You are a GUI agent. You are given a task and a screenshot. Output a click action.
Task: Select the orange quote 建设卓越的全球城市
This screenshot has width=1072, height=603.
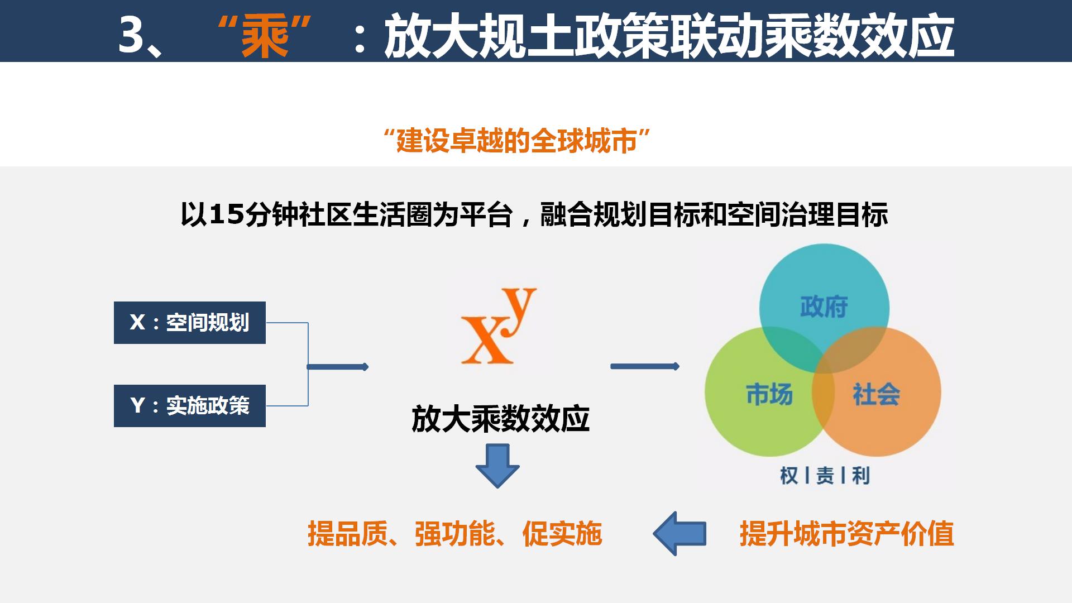pos(516,140)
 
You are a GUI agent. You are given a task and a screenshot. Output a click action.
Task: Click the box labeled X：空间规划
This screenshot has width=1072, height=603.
pos(190,323)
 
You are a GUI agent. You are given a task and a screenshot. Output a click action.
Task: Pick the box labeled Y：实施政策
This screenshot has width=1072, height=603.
pos(190,406)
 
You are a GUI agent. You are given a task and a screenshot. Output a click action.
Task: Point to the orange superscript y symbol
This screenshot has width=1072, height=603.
pos(519,312)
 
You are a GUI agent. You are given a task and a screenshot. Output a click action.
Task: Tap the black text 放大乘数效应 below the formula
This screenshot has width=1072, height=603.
pos(500,419)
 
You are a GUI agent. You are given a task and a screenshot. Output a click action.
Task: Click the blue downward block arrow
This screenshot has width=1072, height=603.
pos(497,466)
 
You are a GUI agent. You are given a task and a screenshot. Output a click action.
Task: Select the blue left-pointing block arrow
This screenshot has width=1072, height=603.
pos(679,534)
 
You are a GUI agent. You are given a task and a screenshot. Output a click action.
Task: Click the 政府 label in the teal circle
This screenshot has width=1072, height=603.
pos(824,307)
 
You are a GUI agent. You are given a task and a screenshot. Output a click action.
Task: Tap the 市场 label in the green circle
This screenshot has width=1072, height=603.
pos(769,394)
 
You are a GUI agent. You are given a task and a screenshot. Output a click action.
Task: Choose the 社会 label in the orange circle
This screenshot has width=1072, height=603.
pos(876,394)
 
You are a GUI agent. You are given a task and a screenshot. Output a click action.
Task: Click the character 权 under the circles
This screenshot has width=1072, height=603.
pos(789,476)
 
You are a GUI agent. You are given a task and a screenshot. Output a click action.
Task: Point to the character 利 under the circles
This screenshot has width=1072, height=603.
pos(860,476)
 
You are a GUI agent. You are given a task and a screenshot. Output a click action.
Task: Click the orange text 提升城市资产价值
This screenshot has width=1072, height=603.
pos(846,534)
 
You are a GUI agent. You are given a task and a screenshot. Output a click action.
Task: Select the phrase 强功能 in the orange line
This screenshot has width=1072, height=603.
pos(454,534)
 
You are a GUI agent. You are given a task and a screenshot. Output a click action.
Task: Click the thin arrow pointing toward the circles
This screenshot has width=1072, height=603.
pos(645,366)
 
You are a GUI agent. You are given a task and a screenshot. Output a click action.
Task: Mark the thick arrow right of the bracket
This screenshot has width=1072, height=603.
pos(338,367)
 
